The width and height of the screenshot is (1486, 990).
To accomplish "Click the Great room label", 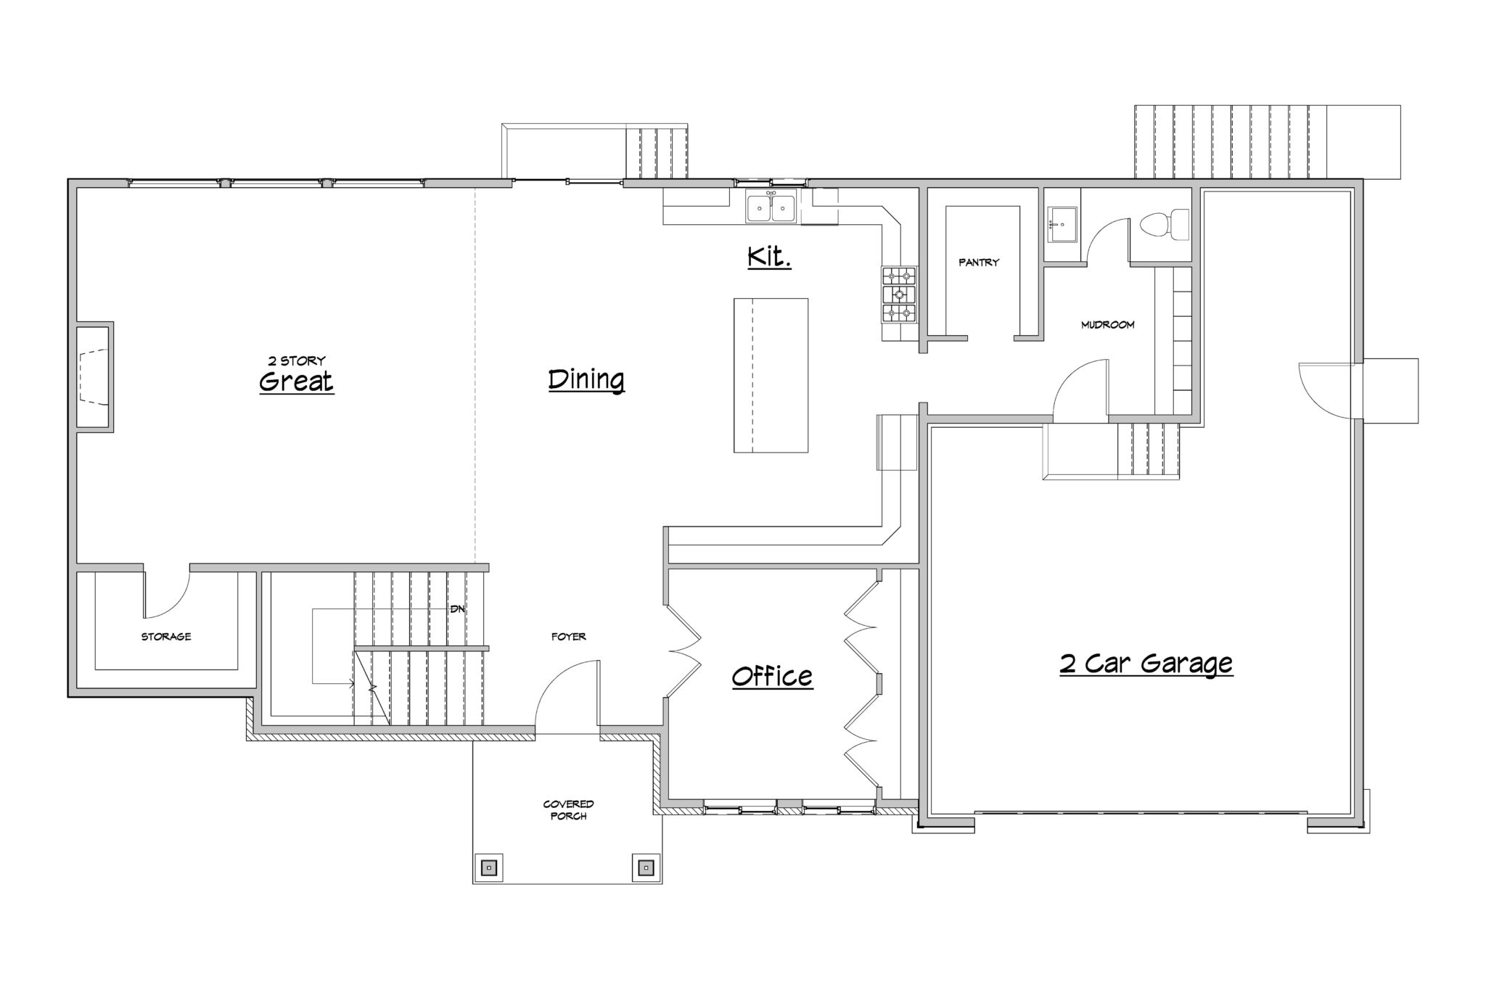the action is coord(296,381).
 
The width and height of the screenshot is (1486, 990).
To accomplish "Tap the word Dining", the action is coord(586,380).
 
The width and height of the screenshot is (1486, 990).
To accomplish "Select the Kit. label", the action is coord(769,257).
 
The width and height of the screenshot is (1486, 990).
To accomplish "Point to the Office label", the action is coord(772,677).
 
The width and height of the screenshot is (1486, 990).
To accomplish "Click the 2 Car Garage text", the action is coord(1146,664).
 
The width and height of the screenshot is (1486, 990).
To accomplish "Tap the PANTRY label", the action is coord(979,263).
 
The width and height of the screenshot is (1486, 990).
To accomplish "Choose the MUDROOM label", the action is coord(1107,325).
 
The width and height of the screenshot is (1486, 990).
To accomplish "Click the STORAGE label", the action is coord(166,637).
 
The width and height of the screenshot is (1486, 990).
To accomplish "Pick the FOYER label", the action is coord(568,637).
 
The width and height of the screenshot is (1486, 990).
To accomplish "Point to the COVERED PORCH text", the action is coord(568,810).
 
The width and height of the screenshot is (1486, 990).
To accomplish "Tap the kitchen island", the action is coord(771,375).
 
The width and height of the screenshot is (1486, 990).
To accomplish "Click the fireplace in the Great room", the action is coord(94,376).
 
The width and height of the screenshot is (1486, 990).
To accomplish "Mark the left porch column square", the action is coord(489,867).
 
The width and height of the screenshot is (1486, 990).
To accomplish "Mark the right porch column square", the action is coord(646,867).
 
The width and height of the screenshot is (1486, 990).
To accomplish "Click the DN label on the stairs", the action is coord(457,609).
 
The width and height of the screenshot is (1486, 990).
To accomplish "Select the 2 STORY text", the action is coord(296,360).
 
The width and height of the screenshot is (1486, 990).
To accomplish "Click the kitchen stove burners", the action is coord(898,294).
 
